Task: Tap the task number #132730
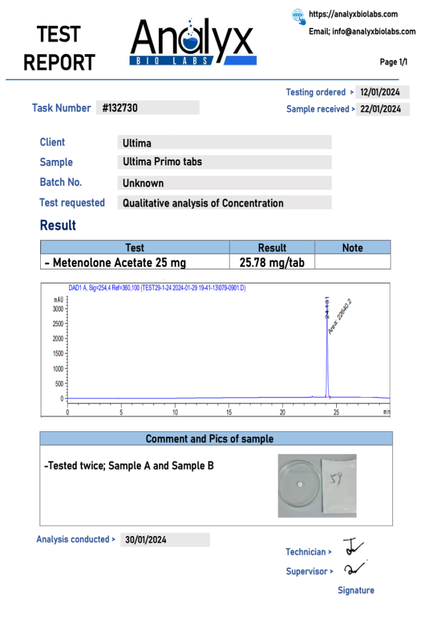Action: click(x=120, y=108)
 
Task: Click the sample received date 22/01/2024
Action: click(x=380, y=109)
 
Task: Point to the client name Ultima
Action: click(x=137, y=143)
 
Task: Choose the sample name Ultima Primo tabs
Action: click(x=162, y=162)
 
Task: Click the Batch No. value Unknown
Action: click(x=143, y=183)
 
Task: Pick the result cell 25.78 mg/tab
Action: click(x=272, y=262)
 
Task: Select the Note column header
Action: click(x=352, y=248)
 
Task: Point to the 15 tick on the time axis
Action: click(x=228, y=412)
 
